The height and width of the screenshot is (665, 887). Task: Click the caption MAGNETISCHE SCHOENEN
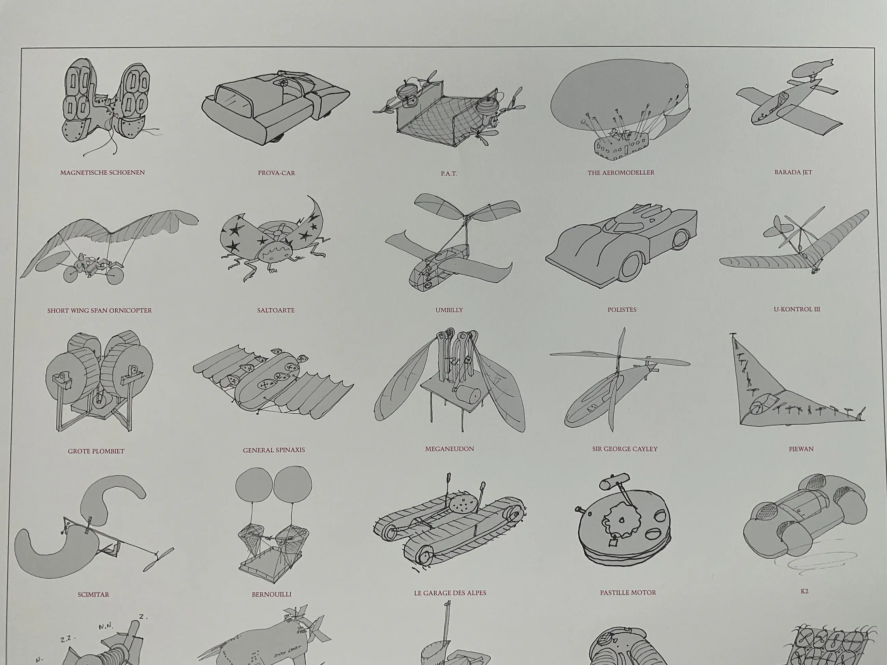[102, 173]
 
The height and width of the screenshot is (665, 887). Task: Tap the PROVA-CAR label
[276, 173]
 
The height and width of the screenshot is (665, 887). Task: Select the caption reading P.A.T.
[449, 174]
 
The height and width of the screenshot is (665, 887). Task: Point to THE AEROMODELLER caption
[621, 173]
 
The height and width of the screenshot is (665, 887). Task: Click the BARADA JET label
[793, 172]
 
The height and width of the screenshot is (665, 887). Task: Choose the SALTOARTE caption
[276, 310]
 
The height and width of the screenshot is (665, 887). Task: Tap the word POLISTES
[622, 310]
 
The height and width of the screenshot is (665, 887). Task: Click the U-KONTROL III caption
[797, 309]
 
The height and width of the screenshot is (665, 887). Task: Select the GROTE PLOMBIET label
[96, 452]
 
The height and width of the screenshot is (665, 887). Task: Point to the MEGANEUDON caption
[450, 449]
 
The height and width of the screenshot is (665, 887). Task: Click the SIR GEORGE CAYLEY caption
[625, 449]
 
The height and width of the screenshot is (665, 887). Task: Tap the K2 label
[804, 591]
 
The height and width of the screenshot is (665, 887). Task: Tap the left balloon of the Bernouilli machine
[254, 484]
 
